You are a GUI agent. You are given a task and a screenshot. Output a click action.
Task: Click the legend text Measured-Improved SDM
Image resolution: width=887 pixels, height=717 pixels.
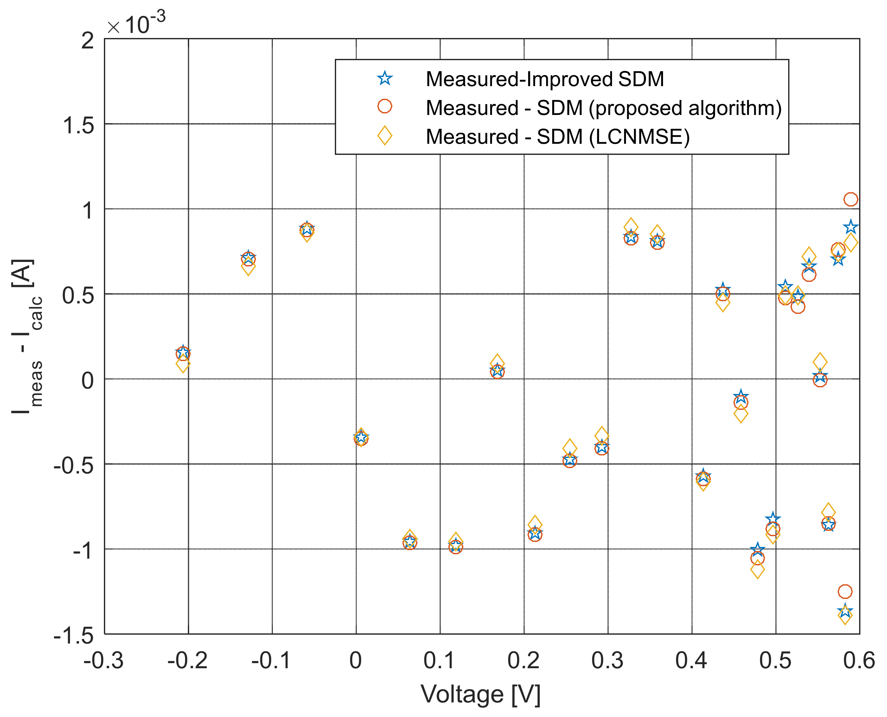545,79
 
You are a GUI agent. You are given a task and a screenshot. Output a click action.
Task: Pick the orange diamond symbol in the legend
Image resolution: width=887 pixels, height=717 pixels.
385,136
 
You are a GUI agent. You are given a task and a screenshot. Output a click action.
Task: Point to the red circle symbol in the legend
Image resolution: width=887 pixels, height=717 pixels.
385,106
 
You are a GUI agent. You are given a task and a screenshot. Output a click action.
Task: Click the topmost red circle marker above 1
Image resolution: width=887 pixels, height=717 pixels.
851,200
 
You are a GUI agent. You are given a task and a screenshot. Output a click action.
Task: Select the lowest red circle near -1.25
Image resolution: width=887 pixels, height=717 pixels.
845,592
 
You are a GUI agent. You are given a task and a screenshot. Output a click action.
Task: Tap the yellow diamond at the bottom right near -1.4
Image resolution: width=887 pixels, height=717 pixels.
845,615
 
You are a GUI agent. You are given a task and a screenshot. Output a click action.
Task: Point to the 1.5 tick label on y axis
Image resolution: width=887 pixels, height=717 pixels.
79,125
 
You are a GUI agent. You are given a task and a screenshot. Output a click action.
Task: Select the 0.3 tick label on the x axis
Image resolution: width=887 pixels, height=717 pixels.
607,660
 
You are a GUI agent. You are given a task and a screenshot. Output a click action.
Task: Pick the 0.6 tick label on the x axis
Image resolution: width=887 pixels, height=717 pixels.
859,660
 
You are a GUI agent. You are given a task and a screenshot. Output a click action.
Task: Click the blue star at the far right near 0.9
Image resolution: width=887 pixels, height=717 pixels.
851,227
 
